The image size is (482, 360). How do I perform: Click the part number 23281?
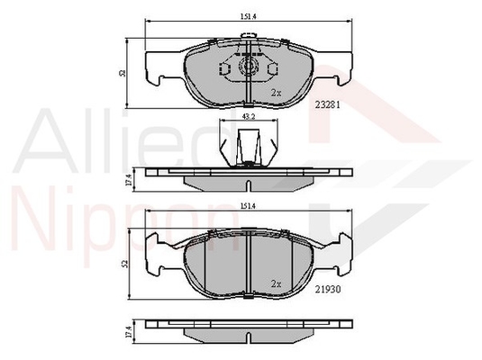pos(327,105)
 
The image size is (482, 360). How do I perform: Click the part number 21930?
pos(328,289)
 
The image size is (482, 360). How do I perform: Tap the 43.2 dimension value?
pos(249,116)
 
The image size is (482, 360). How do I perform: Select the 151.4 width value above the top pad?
pos(249,17)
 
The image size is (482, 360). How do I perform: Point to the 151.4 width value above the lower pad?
pos(249,207)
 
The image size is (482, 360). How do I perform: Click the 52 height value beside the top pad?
pos(123,74)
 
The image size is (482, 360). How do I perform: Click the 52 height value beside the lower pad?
pos(124,264)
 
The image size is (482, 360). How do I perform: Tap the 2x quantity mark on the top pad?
pos(276,93)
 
